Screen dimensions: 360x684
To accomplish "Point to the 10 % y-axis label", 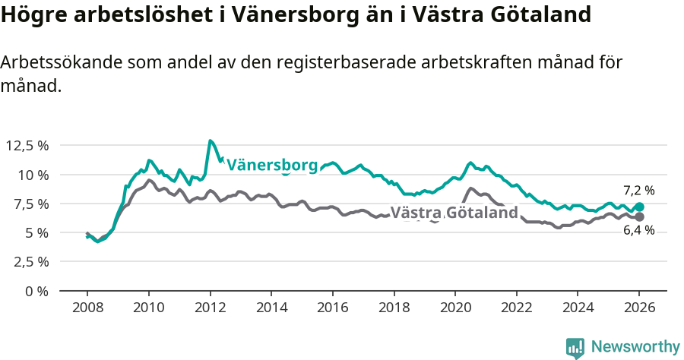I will pyautogui.click(x=35, y=175).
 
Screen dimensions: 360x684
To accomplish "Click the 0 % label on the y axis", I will pyautogui.click(x=38, y=291).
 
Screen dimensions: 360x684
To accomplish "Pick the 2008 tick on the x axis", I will pyautogui.click(x=87, y=308).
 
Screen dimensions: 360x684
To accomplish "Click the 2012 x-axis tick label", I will pyautogui.click(x=209, y=308).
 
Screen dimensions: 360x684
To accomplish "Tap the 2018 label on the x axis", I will pyautogui.click(x=393, y=308).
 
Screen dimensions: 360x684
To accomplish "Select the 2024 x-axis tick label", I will pyautogui.click(x=577, y=308).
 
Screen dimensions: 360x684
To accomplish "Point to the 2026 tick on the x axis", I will pyautogui.click(x=638, y=308).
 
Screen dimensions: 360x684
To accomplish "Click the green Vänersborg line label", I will pyautogui.click(x=272, y=165).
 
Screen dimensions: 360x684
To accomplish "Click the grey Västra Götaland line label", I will pyautogui.click(x=454, y=213).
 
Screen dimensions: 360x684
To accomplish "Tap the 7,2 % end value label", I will pyautogui.click(x=638, y=191).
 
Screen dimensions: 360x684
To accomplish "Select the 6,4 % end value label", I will pyautogui.click(x=638, y=231).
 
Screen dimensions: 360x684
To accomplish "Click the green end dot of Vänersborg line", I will pyautogui.click(x=639, y=207).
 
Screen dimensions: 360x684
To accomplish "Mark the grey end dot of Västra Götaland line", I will pyautogui.click(x=639, y=217).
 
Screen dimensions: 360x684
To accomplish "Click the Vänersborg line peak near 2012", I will pyautogui.click(x=211, y=141).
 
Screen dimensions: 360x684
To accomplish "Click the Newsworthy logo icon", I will pyautogui.click(x=575, y=348).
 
